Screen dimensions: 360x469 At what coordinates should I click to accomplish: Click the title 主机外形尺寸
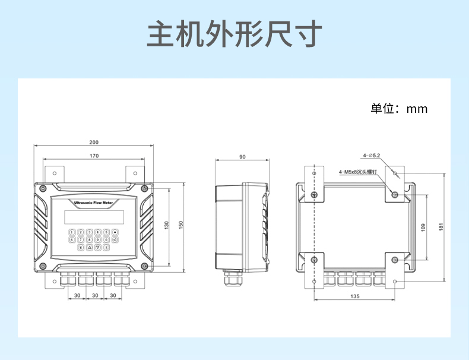[x=235, y=34]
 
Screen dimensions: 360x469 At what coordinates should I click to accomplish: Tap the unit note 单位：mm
[x=399, y=109]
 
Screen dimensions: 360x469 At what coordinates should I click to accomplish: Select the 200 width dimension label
[x=94, y=142]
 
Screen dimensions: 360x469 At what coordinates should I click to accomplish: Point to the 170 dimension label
[x=94, y=156]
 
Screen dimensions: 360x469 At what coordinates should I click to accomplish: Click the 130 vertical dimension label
[x=167, y=225]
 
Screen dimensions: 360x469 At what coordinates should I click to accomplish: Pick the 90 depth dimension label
[x=242, y=157]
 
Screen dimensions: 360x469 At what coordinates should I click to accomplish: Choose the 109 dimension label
[x=423, y=227]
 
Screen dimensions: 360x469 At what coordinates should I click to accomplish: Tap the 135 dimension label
[x=354, y=296]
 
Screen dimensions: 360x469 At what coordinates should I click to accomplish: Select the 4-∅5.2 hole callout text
[x=372, y=156]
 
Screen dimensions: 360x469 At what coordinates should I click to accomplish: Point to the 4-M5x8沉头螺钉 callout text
[x=358, y=172]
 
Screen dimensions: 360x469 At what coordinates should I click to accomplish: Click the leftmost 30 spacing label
[x=77, y=295]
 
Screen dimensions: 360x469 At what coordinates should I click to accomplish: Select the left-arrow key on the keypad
[x=115, y=239]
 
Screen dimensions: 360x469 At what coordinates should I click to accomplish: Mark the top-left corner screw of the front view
[x=43, y=188]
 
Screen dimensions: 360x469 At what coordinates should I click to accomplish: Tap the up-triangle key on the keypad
[x=89, y=247]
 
